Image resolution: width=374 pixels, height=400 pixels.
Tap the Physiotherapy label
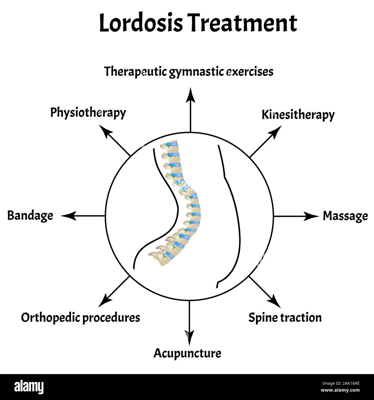[x=88, y=113]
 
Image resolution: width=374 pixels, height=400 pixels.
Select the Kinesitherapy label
[x=298, y=115]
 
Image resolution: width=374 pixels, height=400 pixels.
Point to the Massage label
[x=345, y=216]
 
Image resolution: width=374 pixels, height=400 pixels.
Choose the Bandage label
[x=30, y=216]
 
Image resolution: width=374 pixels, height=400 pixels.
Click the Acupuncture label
[x=187, y=353]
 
